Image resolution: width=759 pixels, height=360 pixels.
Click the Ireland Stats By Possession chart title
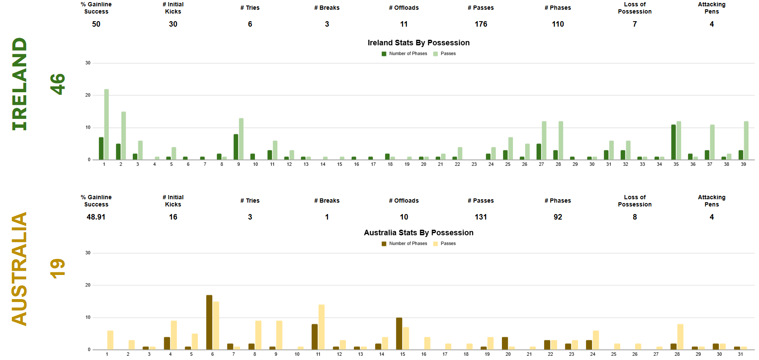(418, 43)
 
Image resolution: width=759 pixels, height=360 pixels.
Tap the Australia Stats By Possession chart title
(418, 233)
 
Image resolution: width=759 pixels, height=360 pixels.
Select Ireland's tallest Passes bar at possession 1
(107, 124)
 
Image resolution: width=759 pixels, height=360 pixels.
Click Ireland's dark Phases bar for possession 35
(674, 142)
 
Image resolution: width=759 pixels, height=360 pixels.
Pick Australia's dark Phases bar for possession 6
(209, 322)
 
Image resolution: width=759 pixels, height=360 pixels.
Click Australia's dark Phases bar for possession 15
(399, 334)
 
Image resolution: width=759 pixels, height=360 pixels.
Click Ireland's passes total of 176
(481, 24)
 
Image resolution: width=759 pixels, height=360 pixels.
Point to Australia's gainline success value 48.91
(96, 217)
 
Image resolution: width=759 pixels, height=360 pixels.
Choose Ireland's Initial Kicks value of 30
(173, 24)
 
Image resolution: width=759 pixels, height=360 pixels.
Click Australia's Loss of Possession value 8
(635, 217)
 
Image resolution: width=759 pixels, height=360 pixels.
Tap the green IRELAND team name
(19, 84)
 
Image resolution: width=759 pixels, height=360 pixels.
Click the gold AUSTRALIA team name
(19, 269)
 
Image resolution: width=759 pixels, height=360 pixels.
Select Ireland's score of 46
(58, 84)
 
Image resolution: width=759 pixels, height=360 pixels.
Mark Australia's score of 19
(58, 269)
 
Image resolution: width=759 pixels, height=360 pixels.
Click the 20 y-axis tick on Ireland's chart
(88, 95)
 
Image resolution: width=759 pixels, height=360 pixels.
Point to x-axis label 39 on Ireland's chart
(743, 164)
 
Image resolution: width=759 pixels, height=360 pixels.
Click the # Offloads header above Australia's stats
(404, 201)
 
